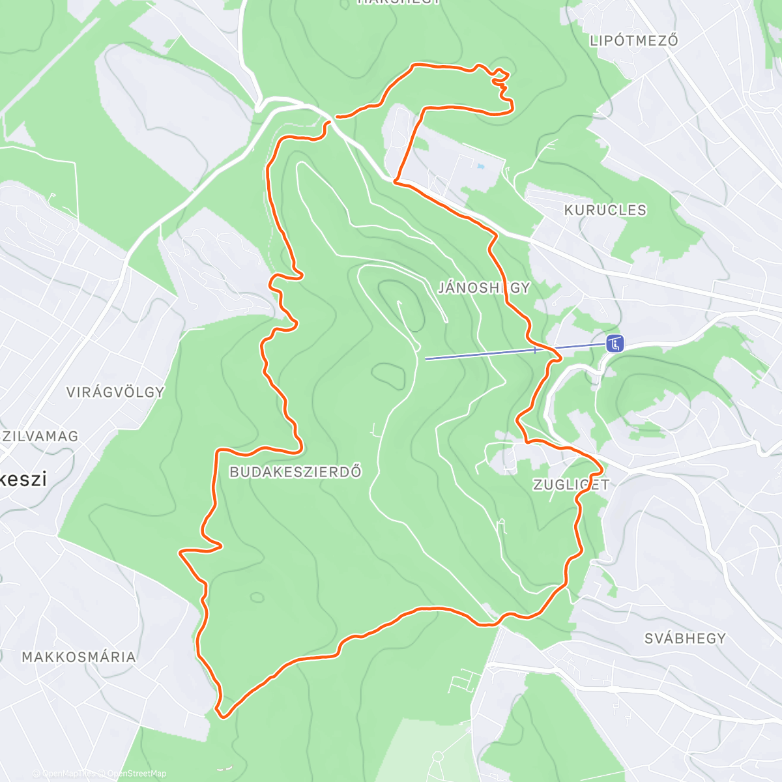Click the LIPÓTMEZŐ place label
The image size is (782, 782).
click(x=633, y=40)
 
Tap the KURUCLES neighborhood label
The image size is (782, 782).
click(x=605, y=210)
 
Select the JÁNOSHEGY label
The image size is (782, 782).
click(x=484, y=287)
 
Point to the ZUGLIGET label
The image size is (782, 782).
click(x=571, y=484)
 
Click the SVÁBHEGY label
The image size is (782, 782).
click(x=685, y=639)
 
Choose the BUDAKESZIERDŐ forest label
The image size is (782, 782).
click(x=295, y=472)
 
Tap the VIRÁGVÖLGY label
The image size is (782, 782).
click(x=115, y=392)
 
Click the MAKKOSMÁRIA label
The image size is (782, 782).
click(x=79, y=657)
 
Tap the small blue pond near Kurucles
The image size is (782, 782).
click(x=480, y=167)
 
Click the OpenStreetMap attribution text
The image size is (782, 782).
click(x=137, y=774)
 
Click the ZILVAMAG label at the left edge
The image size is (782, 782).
click(x=40, y=436)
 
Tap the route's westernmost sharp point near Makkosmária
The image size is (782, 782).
click(x=181, y=553)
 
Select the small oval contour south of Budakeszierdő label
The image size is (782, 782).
click(x=257, y=597)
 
